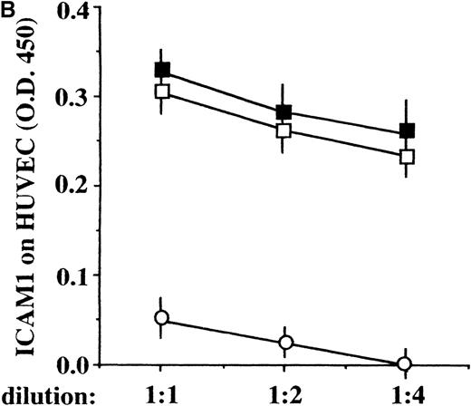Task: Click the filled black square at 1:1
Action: tap(162, 70)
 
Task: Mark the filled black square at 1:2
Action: tap(284, 112)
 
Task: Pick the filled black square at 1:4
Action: tap(407, 130)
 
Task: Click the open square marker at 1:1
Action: tap(162, 92)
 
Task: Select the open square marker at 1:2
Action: tap(284, 130)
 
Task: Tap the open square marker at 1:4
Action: tap(407, 156)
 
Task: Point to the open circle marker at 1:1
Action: tap(162, 318)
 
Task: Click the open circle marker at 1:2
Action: tap(285, 343)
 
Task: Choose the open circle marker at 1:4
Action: tap(405, 363)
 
